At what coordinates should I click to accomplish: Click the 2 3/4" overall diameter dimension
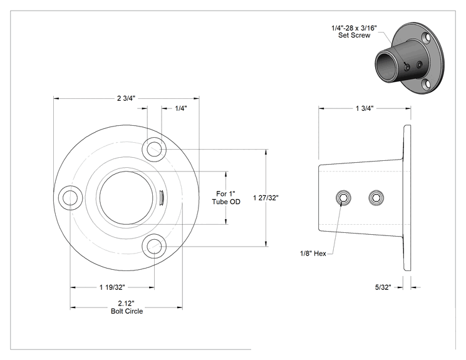click(126, 98)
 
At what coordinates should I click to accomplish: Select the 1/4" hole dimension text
click(180, 108)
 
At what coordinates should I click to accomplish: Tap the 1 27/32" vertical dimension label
click(266, 198)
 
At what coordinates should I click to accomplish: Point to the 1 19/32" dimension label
click(112, 287)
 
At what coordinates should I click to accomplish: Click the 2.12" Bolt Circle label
click(127, 307)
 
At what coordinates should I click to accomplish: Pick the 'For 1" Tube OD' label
click(226, 198)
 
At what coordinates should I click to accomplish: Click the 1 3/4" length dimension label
click(365, 108)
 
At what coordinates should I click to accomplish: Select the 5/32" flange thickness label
click(383, 287)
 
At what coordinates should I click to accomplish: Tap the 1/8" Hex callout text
click(313, 254)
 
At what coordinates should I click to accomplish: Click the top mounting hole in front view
click(154, 149)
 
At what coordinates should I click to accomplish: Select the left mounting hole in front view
click(70, 198)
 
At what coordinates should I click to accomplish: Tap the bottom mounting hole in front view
click(154, 246)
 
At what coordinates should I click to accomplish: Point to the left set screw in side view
click(343, 198)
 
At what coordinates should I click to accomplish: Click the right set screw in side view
click(376, 198)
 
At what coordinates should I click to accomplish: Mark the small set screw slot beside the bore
click(161, 198)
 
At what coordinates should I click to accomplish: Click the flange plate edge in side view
click(407, 198)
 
